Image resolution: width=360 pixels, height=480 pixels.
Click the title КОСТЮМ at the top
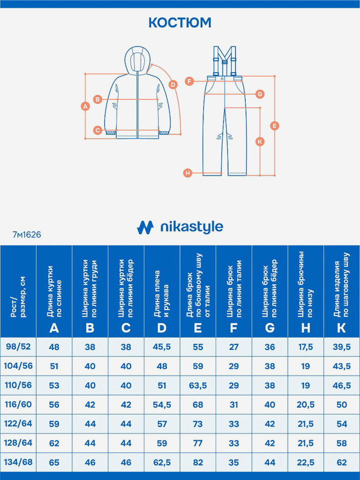click(x=180, y=22)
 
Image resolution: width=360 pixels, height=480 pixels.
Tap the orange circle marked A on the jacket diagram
click(x=85, y=106)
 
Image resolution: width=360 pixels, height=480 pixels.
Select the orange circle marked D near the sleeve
click(x=173, y=85)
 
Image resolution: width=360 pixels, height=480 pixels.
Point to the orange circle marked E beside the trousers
click(x=275, y=126)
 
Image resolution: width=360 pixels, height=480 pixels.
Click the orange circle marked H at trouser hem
click(x=187, y=173)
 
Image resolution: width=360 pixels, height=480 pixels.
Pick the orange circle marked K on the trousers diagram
click(x=260, y=141)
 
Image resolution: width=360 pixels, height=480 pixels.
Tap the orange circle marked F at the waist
click(x=189, y=81)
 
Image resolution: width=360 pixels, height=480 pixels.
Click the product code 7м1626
click(x=27, y=235)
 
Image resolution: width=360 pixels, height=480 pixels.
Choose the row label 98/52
click(x=18, y=346)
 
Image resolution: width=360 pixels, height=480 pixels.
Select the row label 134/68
click(x=18, y=462)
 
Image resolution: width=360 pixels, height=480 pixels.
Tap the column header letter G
click(x=270, y=328)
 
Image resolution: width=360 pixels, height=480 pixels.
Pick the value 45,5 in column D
click(x=162, y=347)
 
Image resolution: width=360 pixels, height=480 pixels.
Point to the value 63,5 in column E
click(x=198, y=385)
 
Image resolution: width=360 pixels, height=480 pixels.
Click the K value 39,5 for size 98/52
click(x=342, y=347)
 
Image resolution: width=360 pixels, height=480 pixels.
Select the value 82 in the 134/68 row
click(x=198, y=462)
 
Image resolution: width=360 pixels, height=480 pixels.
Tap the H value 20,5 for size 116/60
click(x=306, y=405)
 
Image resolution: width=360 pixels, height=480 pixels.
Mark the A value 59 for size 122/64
click(x=54, y=424)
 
